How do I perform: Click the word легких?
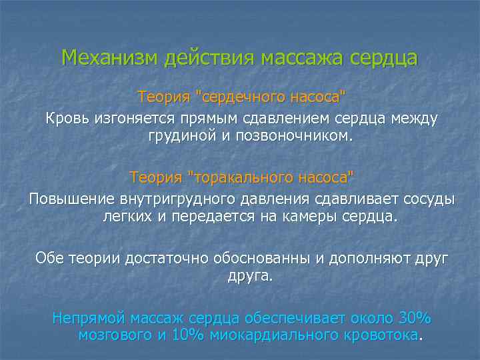[x=124, y=217]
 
